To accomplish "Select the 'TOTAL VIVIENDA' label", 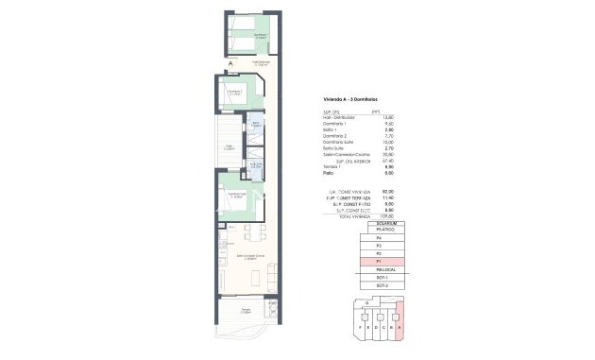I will [x=347, y=216].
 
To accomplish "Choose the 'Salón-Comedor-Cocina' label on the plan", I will [x=247, y=257].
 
